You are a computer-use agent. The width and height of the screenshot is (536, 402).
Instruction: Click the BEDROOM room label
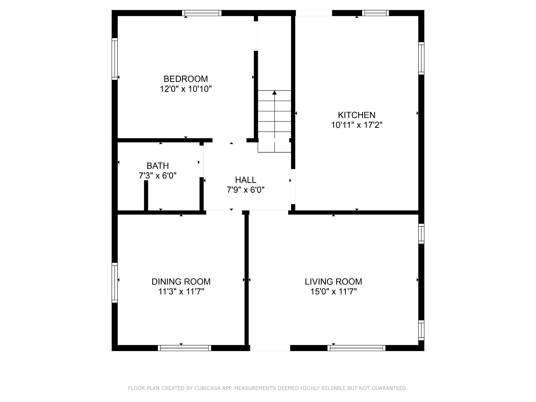[x=186, y=79]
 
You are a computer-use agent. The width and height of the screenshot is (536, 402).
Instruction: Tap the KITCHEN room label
[x=356, y=115]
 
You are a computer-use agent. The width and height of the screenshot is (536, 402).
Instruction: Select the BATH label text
[x=158, y=166]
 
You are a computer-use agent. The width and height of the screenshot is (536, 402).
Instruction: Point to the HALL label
[x=245, y=180]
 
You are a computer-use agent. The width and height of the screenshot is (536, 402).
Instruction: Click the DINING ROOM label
[x=181, y=282]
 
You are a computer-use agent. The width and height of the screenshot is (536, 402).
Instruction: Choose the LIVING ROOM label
[x=333, y=282]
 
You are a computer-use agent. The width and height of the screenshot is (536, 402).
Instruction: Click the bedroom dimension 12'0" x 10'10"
[x=186, y=89]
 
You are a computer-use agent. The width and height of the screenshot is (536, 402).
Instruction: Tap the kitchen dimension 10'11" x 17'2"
[x=357, y=125]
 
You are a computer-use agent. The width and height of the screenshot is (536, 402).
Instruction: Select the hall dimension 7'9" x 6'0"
[x=245, y=190]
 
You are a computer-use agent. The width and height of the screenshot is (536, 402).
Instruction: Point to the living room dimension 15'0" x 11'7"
[x=333, y=292]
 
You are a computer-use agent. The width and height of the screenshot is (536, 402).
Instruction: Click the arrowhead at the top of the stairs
[x=274, y=92]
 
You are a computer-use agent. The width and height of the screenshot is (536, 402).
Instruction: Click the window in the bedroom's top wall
[x=202, y=13]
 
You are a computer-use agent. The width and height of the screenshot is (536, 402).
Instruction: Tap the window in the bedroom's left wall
[x=115, y=59]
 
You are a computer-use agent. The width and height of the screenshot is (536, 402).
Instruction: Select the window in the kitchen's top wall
[x=375, y=13]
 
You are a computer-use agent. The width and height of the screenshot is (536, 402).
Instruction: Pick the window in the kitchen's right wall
[x=421, y=58]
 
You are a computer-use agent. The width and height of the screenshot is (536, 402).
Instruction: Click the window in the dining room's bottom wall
[x=185, y=348]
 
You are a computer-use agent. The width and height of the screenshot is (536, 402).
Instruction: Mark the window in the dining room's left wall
[x=115, y=283]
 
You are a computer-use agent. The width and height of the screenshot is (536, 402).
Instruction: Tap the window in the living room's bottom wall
[x=356, y=348]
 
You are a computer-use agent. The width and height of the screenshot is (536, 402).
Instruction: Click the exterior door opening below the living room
[x=270, y=348]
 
